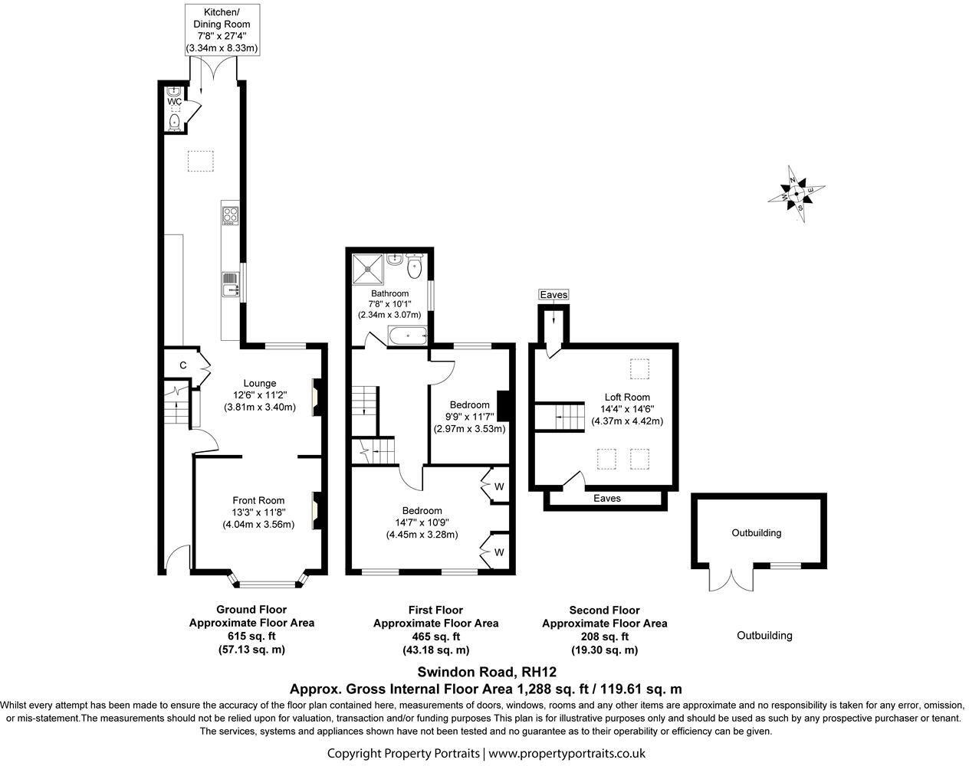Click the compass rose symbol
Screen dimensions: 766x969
coord(797,193)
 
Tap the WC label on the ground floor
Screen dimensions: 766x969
coord(174,101)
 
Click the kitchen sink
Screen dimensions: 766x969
coord(229,285)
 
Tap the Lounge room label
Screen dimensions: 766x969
coord(259,384)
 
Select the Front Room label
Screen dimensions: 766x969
coord(258,501)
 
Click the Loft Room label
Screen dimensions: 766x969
coord(626,397)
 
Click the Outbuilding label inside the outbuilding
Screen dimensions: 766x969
coord(756,533)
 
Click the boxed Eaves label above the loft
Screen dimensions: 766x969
coord(553,295)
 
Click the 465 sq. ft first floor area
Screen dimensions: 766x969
coord(435,637)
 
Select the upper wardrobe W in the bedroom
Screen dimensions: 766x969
coord(498,486)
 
